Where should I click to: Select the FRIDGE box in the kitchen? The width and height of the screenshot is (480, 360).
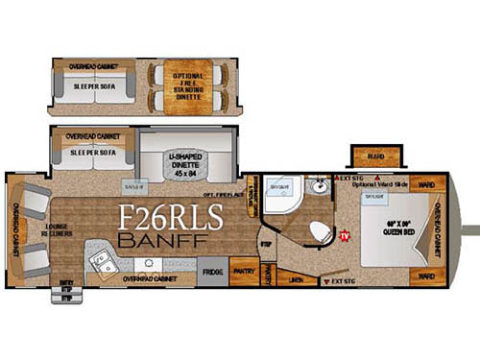[x=213, y=272]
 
